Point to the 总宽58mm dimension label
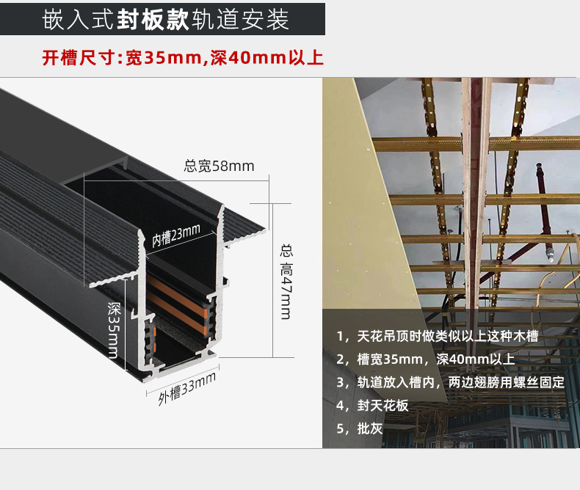[x=219, y=166]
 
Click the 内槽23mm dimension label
[x=176, y=237]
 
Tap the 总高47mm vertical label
[x=286, y=282]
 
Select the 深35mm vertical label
[x=114, y=330]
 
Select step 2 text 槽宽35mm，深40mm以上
[x=426, y=359]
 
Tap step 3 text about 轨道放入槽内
[x=450, y=382]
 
